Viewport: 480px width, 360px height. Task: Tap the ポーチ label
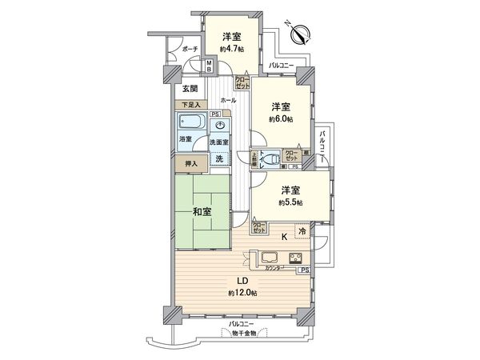[x=190, y=48]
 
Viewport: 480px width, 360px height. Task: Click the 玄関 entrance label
[x=190, y=88]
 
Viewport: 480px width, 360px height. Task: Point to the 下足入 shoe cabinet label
[x=189, y=103]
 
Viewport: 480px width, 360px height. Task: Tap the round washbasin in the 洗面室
[x=220, y=126]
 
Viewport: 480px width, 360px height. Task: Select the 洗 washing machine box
[x=219, y=158]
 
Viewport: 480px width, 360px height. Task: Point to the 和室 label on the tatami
[x=202, y=211]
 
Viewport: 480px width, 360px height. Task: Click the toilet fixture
[x=271, y=158]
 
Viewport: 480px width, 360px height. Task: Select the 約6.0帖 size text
[x=280, y=118]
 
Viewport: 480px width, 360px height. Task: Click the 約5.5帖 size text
[x=290, y=202]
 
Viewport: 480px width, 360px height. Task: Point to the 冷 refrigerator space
[x=302, y=231]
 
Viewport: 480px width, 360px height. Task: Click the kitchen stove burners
[x=296, y=258]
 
